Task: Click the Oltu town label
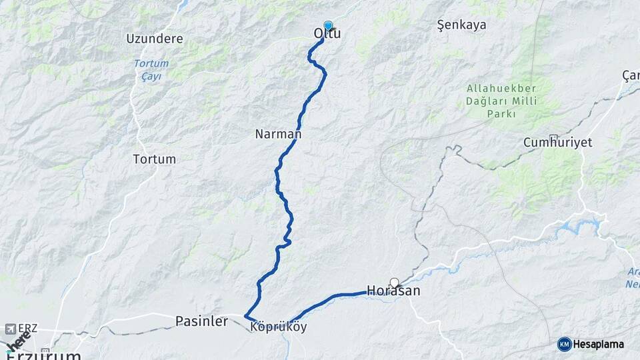click(327, 33)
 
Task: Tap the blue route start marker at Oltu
click(327, 25)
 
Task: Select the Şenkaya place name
click(461, 25)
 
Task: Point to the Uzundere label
click(155, 39)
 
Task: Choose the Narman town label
click(278, 134)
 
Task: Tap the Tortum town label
click(155, 159)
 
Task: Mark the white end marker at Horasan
click(394, 283)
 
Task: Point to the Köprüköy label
click(279, 327)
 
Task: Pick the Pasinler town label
click(201, 321)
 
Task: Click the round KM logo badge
click(564, 344)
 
